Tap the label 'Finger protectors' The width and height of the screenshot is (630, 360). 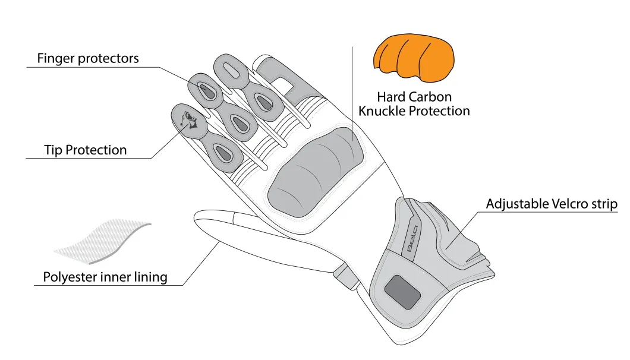click(88, 58)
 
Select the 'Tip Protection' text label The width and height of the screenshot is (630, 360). click(86, 150)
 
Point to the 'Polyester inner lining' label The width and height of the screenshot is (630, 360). click(105, 277)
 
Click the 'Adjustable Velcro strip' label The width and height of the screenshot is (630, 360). click(552, 204)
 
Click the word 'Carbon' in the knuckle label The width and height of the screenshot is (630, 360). click(431, 97)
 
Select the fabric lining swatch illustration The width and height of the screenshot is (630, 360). click(103, 241)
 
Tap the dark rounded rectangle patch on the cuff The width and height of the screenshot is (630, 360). click(402, 292)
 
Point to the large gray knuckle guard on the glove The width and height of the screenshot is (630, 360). click(316, 173)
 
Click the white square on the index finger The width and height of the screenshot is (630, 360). click(282, 85)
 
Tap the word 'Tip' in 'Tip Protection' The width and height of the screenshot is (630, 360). click(53, 150)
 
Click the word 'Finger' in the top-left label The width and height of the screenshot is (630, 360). click(56, 59)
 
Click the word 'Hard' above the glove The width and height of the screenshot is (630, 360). click(392, 97)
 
